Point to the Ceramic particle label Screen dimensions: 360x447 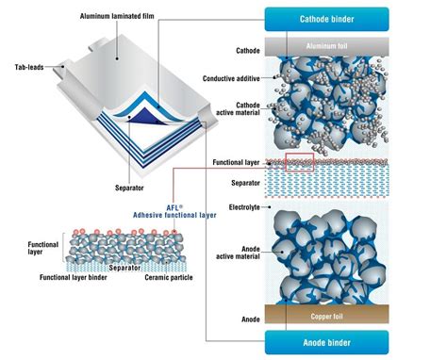coord(170,277)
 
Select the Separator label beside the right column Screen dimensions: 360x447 coord(240,182)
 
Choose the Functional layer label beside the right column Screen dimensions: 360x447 coord(231,161)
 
